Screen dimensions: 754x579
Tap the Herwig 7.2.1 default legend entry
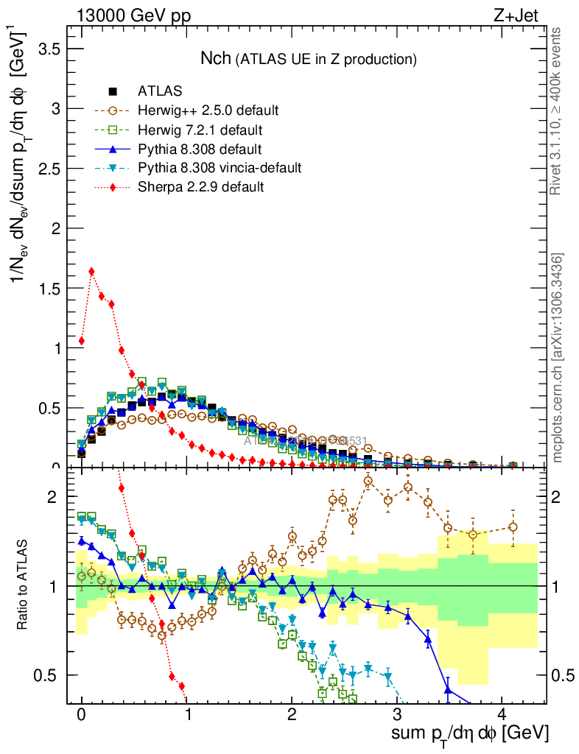click(200, 130)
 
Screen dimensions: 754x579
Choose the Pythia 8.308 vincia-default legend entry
click(220, 168)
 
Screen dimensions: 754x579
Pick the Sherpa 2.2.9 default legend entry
click(200, 187)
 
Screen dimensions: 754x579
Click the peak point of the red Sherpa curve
click(91, 271)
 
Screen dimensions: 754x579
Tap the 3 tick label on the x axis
click(397, 715)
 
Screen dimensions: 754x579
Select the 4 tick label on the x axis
click(502, 715)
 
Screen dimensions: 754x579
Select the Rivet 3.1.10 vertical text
click(557, 110)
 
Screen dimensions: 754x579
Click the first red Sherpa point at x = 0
click(81, 341)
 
